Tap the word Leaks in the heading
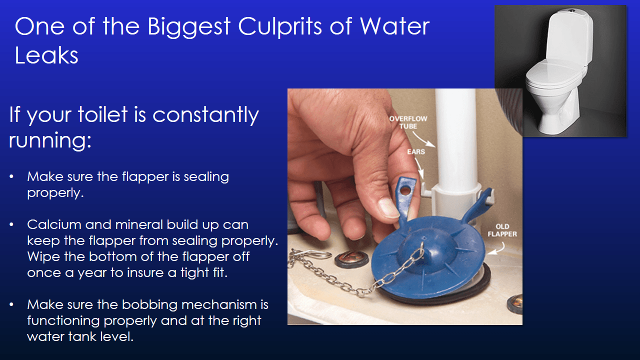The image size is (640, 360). [x=46, y=55]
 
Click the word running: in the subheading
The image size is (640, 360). [x=50, y=140]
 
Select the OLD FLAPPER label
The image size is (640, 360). [x=503, y=230]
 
